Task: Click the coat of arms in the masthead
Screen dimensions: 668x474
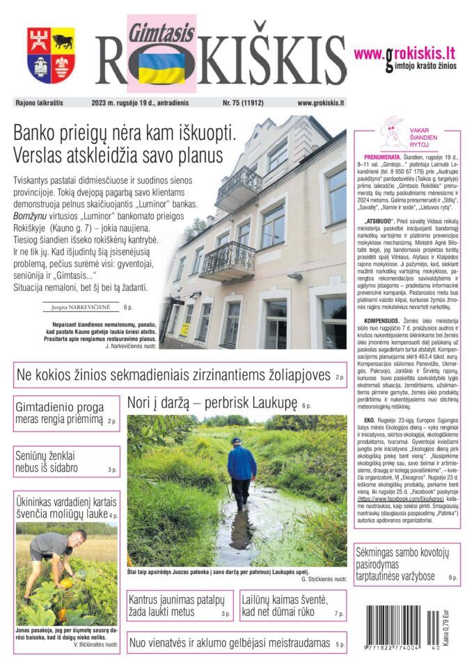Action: (51, 56)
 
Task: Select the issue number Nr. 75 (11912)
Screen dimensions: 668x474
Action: (243, 103)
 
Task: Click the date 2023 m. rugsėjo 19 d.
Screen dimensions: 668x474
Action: (130, 103)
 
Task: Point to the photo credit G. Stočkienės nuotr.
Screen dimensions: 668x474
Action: (324, 579)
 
